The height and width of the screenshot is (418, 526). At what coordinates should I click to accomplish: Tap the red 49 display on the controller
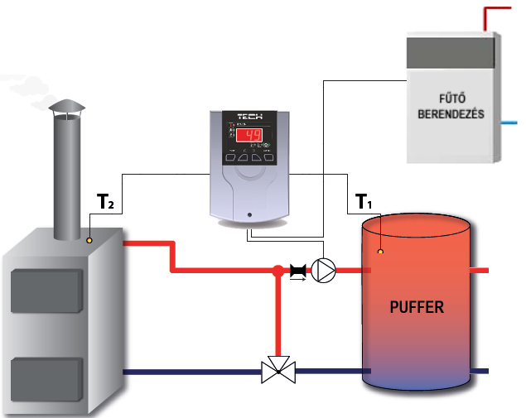point(251,137)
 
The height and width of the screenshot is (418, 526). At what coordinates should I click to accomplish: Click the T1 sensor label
point(362,201)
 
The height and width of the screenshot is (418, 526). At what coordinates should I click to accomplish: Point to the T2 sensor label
point(104,201)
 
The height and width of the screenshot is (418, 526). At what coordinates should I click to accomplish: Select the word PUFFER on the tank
point(417,307)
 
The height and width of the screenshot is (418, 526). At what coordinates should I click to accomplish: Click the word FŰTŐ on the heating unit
point(450,97)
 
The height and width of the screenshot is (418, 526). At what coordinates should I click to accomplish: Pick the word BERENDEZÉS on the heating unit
point(450,113)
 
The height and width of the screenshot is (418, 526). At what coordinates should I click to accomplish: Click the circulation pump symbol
point(325,270)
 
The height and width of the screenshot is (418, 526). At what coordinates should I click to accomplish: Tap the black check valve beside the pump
point(298,270)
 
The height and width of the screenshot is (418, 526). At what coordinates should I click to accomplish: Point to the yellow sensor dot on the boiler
point(89,241)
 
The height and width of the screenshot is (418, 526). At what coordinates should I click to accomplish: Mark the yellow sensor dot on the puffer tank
point(380,250)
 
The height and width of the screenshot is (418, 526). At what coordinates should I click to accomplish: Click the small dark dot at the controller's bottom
point(249,217)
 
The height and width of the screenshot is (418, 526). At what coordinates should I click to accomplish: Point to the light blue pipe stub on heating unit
point(511,121)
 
